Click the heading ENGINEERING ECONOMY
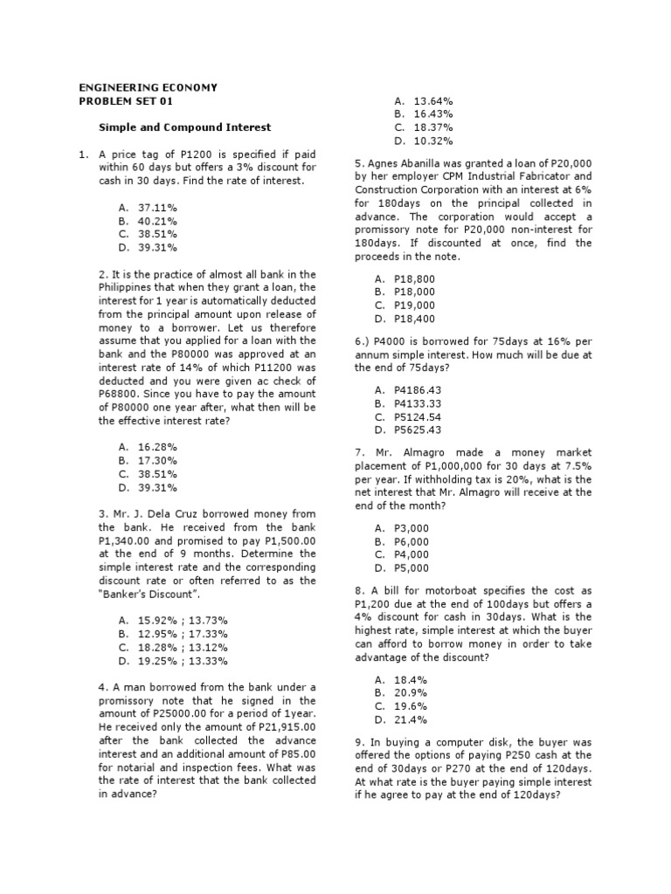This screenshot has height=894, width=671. (x=148, y=88)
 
